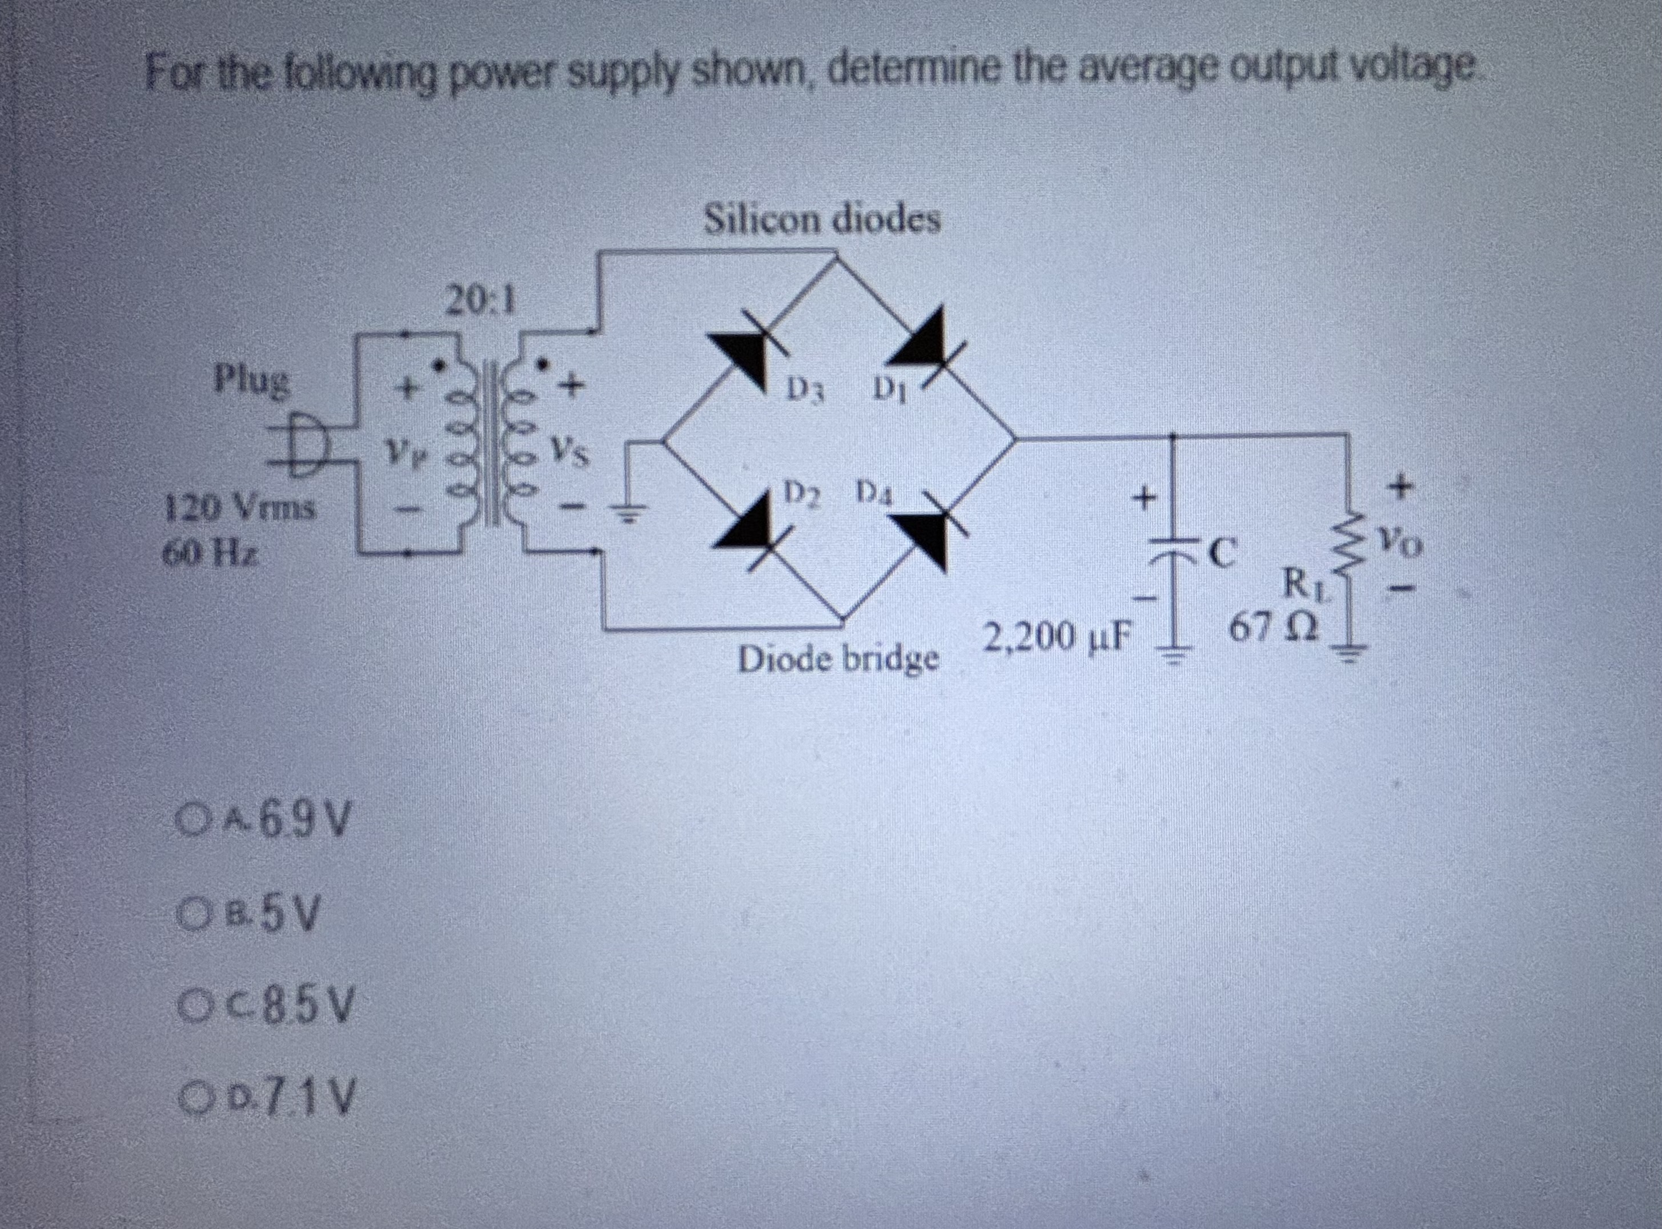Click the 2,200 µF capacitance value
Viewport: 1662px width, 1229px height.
[1057, 637]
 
